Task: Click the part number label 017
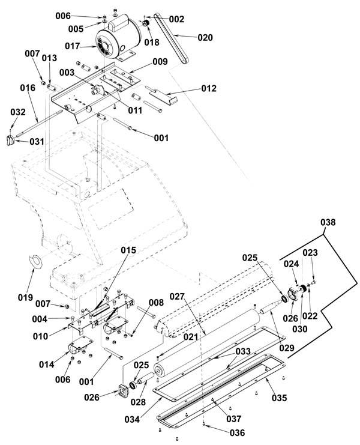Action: point(72,46)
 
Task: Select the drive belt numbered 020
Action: point(171,38)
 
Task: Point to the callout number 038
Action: point(328,222)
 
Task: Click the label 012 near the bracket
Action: point(209,88)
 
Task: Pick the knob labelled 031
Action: point(10,141)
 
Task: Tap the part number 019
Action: point(25,297)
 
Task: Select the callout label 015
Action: point(128,250)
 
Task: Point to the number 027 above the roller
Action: point(177,297)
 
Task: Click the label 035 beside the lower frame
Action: point(280,398)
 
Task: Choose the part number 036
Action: point(237,433)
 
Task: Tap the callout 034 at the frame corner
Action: point(132,419)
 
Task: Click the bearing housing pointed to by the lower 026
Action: point(124,390)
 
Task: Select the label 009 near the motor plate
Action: point(160,62)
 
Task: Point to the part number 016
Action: point(28,88)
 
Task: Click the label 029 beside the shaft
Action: point(287,348)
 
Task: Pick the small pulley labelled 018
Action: point(146,23)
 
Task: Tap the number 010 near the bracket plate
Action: point(41,336)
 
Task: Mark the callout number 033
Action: point(243,352)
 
